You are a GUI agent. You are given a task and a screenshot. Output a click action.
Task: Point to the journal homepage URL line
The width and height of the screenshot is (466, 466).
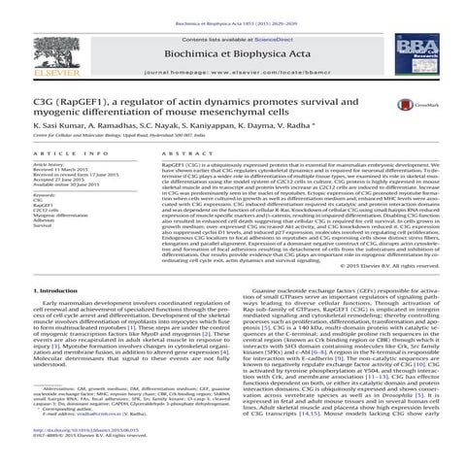tap(233, 73)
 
